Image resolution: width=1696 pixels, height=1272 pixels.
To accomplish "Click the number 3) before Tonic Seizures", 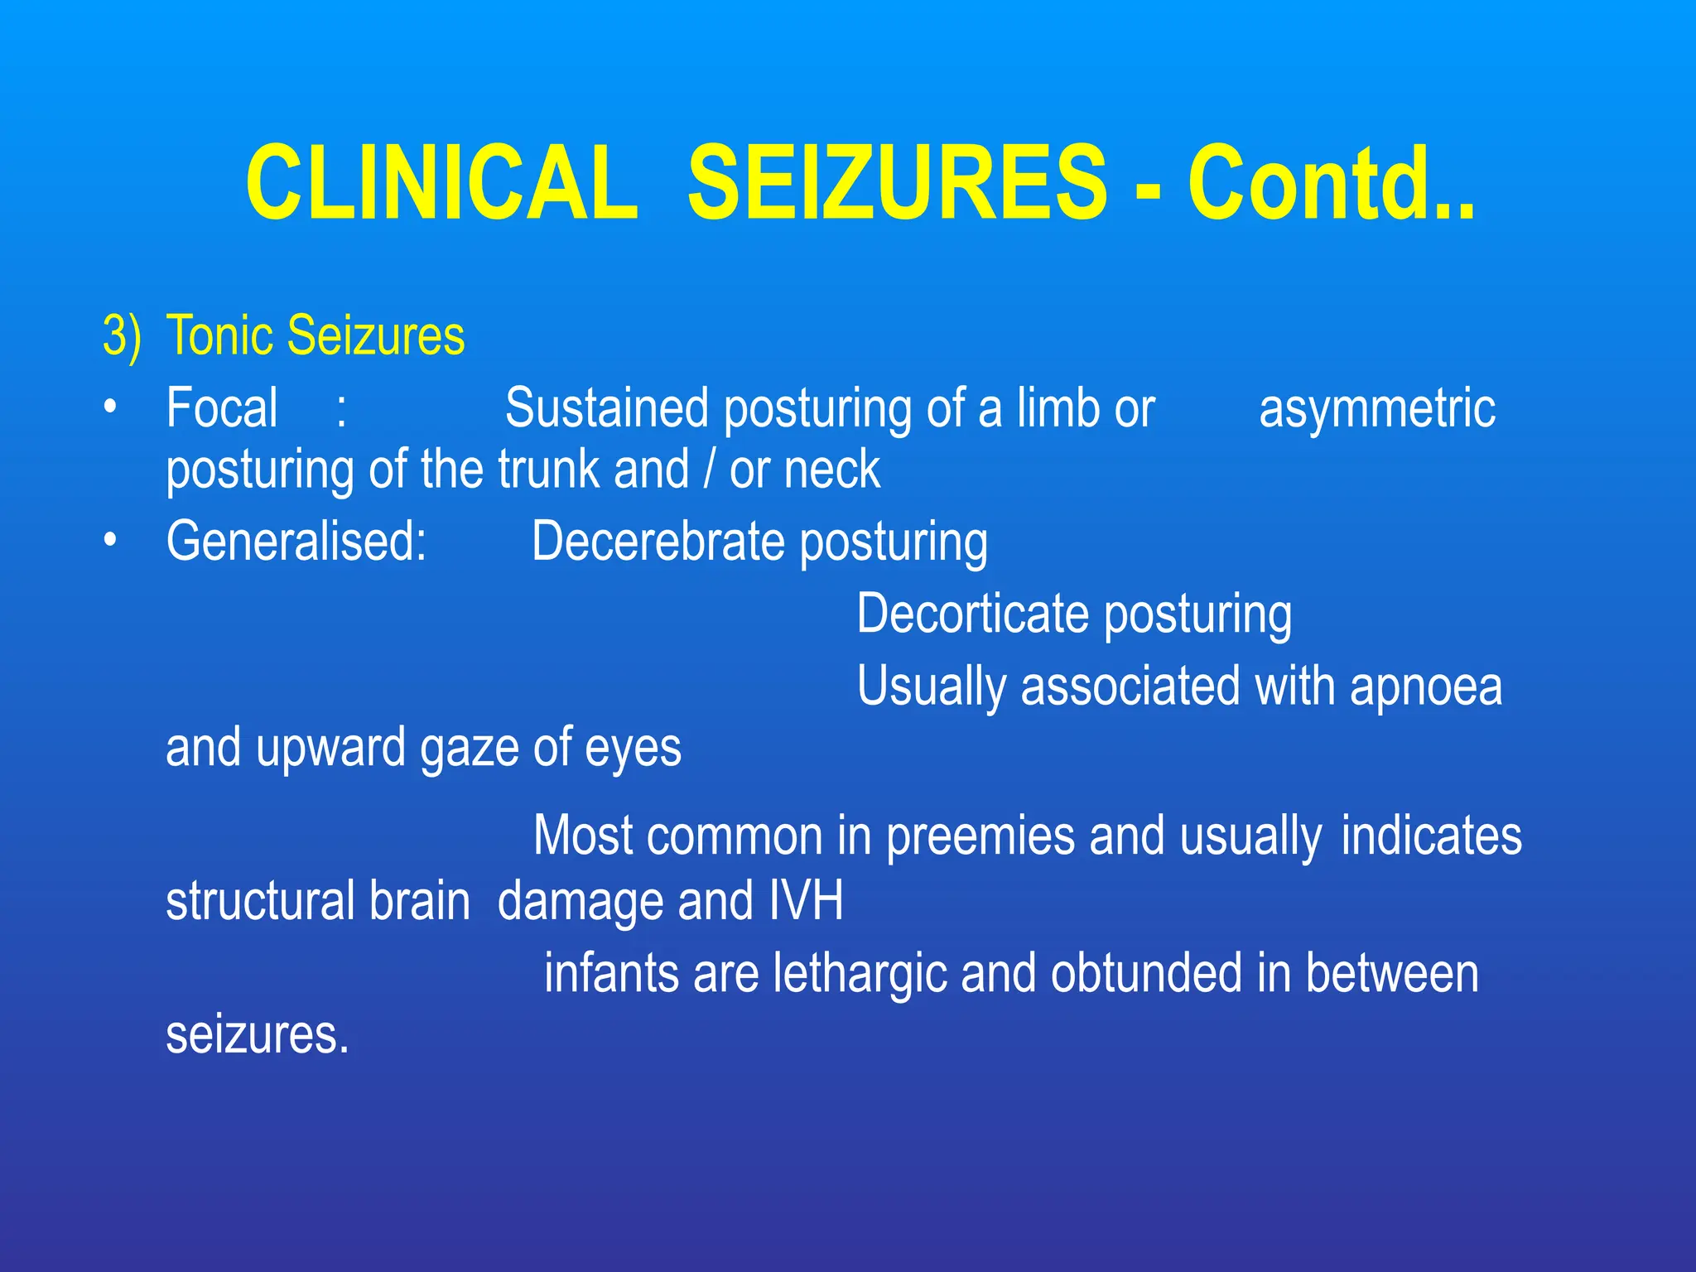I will [122, 336].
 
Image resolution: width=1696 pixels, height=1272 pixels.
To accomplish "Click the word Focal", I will [222, 408].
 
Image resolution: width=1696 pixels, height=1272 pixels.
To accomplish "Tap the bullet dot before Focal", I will [110, 407].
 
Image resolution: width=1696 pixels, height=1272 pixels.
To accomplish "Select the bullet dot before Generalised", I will [110, 540].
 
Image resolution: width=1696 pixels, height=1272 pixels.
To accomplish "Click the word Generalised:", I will [296, 542].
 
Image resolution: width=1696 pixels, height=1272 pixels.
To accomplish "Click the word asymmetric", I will [1376, 408].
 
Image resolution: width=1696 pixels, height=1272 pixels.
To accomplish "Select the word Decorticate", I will [972, 614].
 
